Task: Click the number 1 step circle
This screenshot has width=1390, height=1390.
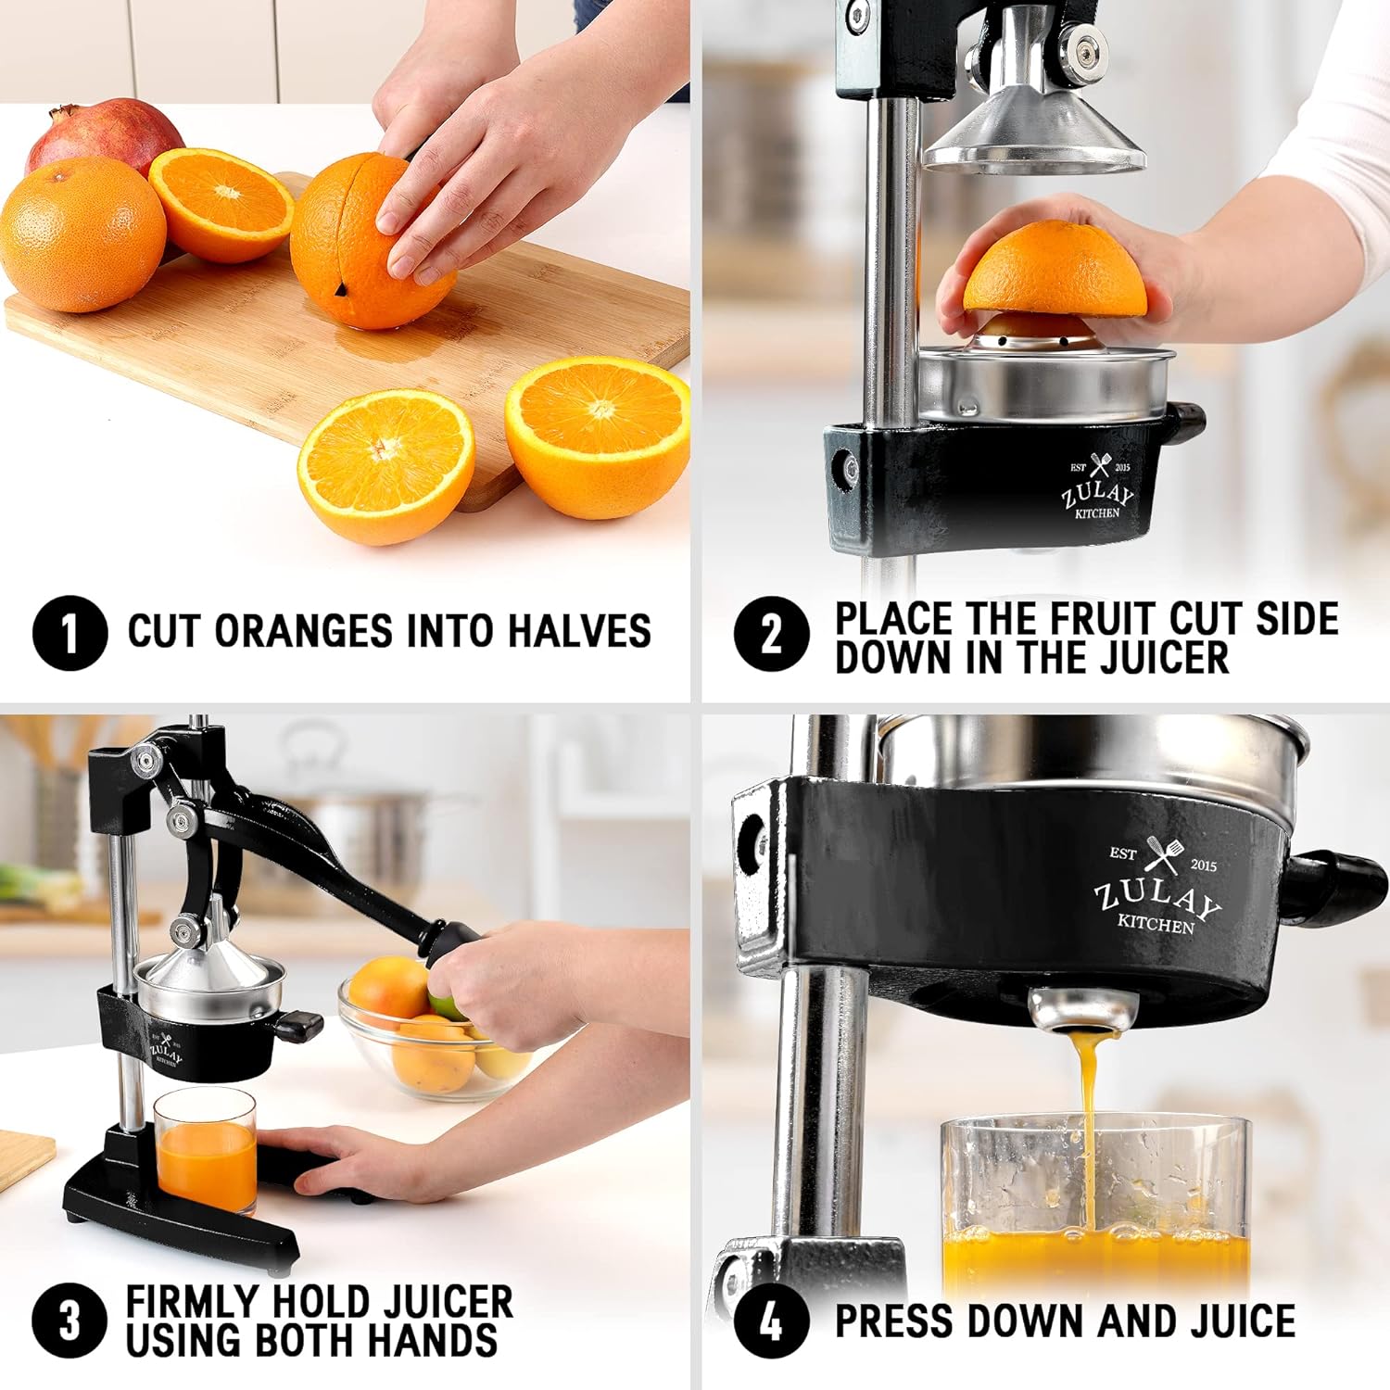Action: click(x=69, y=633)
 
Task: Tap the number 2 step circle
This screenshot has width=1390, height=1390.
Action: click(x=771, y=633)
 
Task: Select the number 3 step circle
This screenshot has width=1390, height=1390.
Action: click(x=69, y=1320)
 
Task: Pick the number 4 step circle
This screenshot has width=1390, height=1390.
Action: click(x=771, y=1320)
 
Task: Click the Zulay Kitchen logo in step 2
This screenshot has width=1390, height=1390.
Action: click(x=1099, y=487)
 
